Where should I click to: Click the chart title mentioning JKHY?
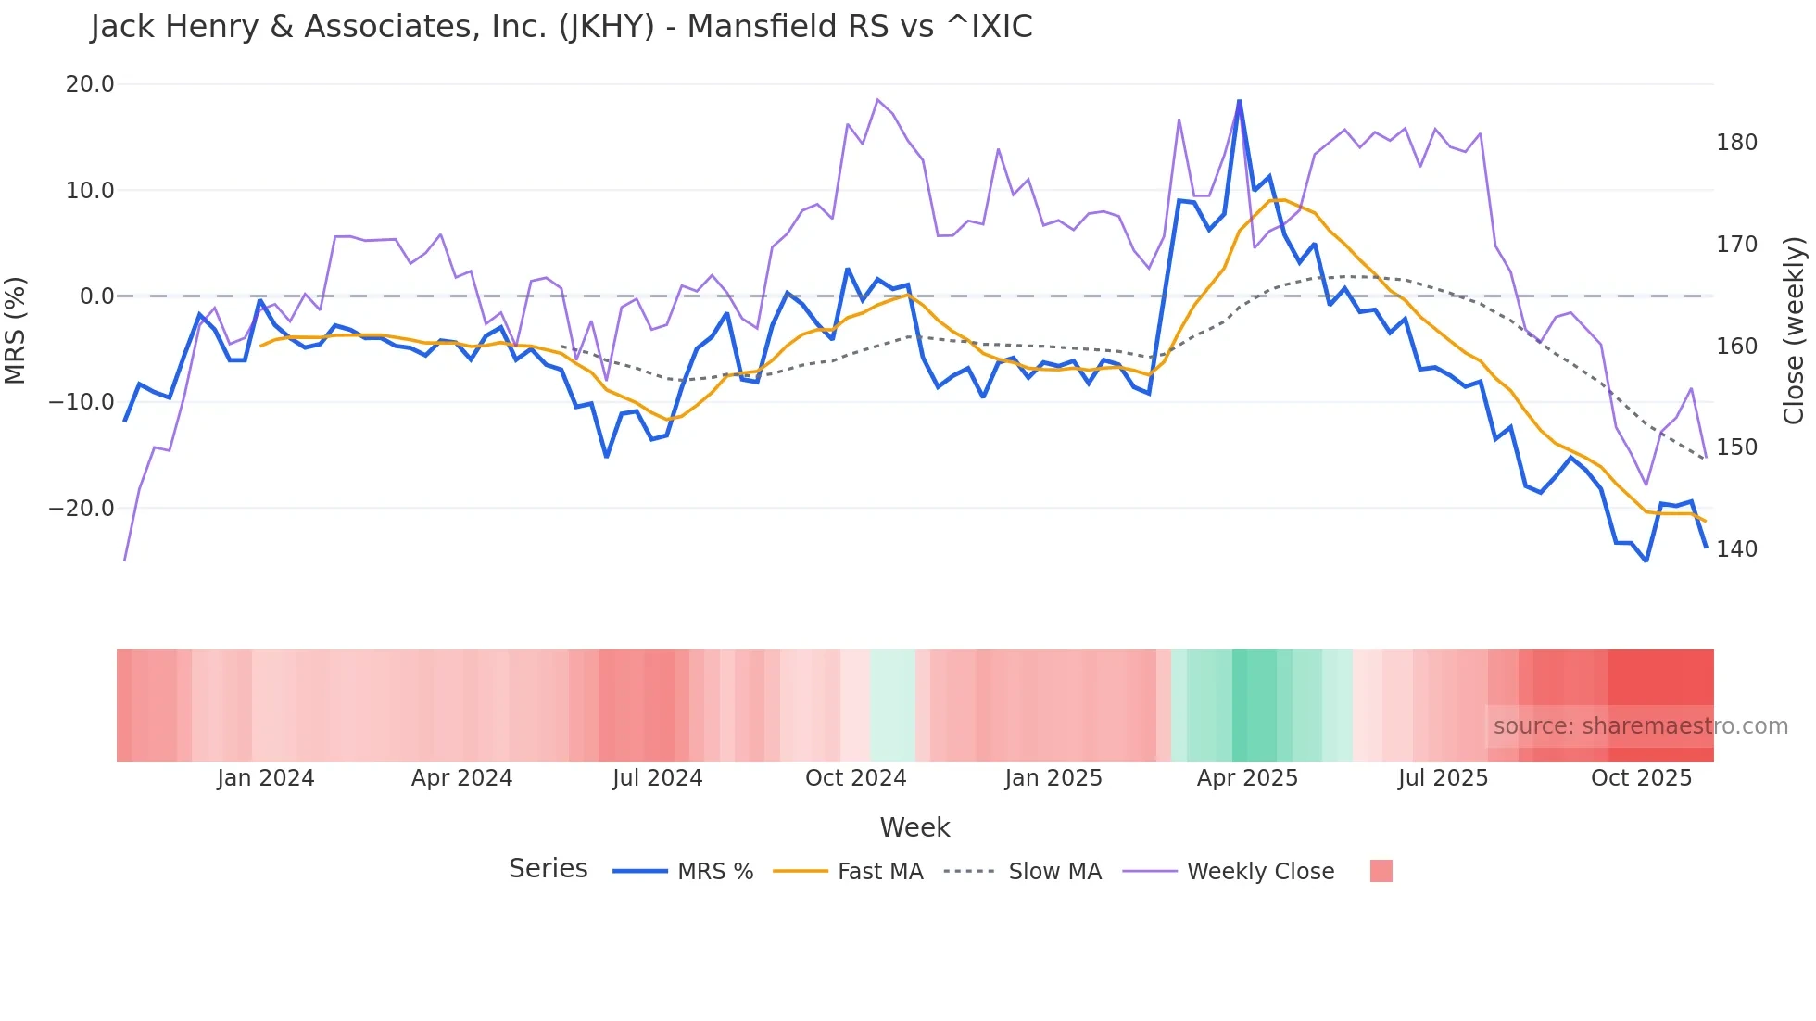point(561,27)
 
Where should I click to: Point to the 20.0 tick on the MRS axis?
point(90,84)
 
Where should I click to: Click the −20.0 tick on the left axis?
point(82,509)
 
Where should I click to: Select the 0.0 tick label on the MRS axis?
point(96,296)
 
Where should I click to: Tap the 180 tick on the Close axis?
point(1736,143)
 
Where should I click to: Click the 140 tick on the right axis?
point(1736,549)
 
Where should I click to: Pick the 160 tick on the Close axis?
point(1736,347)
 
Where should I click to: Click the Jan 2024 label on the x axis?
point(266,778)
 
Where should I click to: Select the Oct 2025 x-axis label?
point(1641,778)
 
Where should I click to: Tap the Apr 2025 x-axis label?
point(1247,778)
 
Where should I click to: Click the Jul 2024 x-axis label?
point(657,778)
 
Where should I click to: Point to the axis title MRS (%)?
point(16,330)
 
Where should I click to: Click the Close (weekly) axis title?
point(1794,331)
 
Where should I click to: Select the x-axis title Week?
point(914,827)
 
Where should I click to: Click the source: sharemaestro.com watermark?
point(1640,726)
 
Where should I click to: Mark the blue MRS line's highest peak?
point(1239,101)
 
